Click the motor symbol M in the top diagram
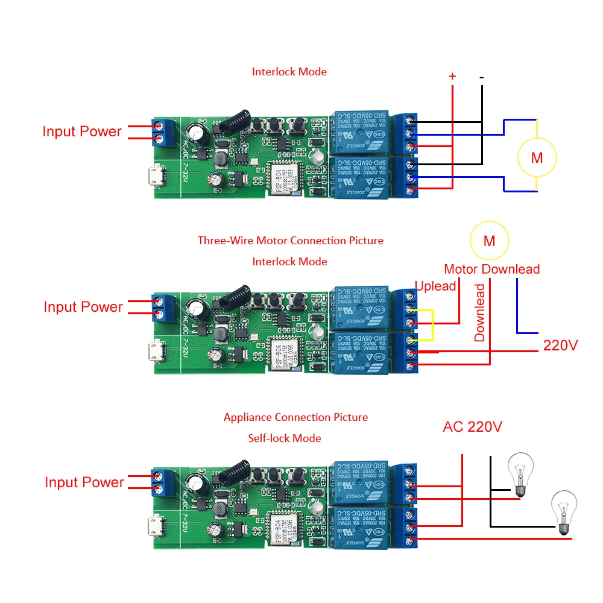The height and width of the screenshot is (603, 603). tap(537, 158)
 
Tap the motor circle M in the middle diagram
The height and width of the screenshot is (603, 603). tap(489, 241)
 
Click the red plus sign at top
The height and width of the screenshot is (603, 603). tap(452, 77)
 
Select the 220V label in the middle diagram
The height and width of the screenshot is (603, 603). tap(560, 346)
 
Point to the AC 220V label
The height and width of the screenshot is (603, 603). tap(472, 427)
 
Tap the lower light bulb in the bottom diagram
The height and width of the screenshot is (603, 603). tap(564, 511)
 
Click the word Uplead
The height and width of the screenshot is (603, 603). tap(435, 286)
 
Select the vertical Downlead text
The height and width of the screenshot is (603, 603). tap(479, 312)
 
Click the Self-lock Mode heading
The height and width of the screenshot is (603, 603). tap(285, 438)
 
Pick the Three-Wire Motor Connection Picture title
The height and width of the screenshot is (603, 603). tap(291, 241)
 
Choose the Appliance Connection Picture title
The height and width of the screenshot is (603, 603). tap(295, 417)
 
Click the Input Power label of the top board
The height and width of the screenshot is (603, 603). tap(82, 131)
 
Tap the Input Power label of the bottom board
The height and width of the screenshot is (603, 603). tap(84, 482)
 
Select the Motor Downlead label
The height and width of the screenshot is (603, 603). tap(491, 270)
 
